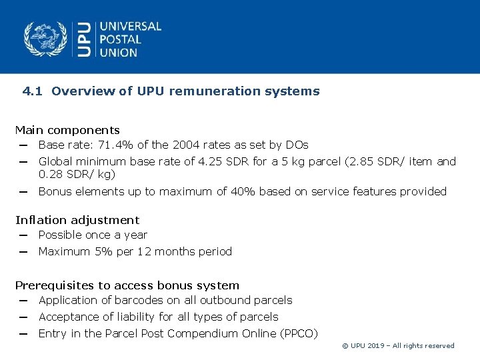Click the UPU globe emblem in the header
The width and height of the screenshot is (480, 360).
[46, 39]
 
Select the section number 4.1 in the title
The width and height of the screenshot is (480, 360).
[33, 91]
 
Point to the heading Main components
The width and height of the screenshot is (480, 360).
[67, 130]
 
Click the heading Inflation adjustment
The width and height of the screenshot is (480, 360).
[77, 220]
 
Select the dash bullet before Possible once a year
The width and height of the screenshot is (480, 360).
[23, 235]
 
